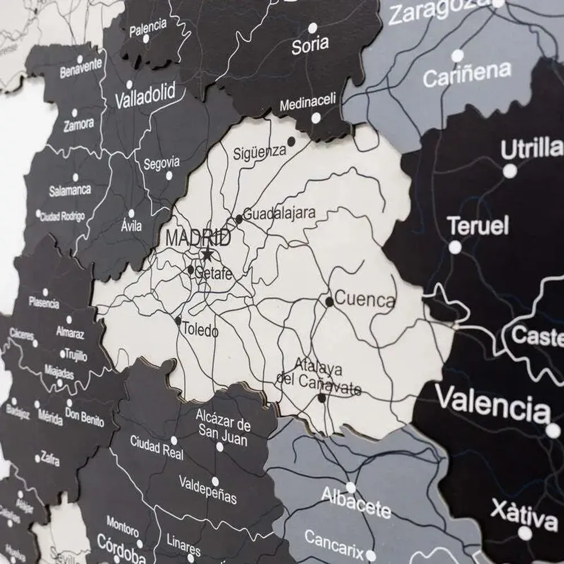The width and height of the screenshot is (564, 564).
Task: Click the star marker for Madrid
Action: (207, 255)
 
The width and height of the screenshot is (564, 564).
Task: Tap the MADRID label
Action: (198, 239)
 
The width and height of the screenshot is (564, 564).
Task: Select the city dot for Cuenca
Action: (329, 302)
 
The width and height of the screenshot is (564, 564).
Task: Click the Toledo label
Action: (200, 331)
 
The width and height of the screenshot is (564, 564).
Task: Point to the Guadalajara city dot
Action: (239, 219)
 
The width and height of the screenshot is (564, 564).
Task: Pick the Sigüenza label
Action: (260, 151)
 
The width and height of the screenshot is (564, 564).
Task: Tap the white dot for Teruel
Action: (455, 247)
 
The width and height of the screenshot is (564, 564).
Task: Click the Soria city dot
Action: (312, 27)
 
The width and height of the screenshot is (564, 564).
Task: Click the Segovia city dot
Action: (169, 175)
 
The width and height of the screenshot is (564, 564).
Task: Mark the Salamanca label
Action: (70, 191)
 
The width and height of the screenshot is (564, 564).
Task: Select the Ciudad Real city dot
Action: (174, 440)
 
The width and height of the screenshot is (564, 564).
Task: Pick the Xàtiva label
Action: (524, 514)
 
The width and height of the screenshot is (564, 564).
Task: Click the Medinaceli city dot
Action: (316, 118)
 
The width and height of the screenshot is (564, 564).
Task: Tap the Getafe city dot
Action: (191, 270)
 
